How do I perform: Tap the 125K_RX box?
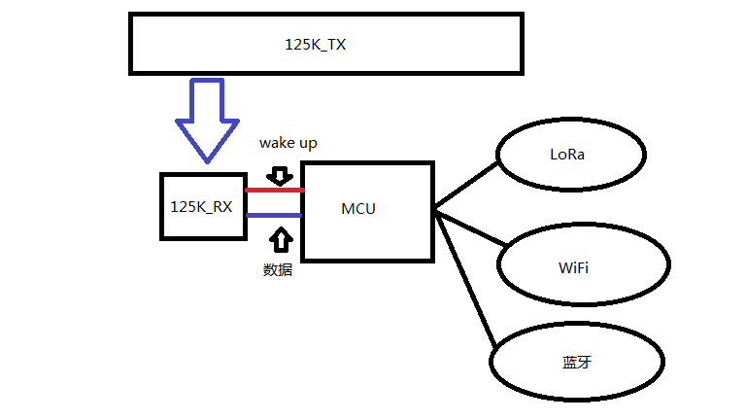click(201, 206)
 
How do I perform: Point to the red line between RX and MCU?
click(273, 190)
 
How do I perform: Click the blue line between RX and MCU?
click(273, 215)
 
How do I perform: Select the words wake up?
click(288, 143)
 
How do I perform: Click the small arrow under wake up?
click(280, 175)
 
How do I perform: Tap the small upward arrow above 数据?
click(280, 239)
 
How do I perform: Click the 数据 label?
click(278, 269)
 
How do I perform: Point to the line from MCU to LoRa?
click(466, 185)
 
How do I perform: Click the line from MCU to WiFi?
click(469, 227)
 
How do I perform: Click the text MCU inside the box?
click(358, 209)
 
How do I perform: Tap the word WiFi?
click(572, 265)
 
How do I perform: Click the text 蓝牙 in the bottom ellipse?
click(577, 362)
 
